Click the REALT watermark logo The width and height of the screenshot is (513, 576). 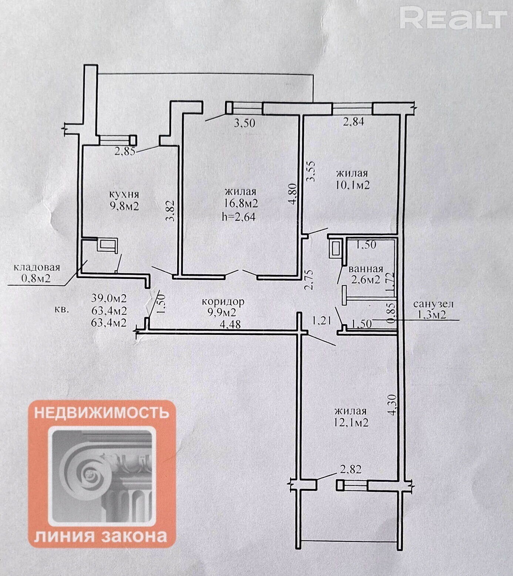tap(453, 19)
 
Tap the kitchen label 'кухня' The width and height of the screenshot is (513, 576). tap(124, 194)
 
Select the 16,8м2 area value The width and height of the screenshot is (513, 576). tap(241, 203)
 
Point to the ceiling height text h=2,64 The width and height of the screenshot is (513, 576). tap(238, 217)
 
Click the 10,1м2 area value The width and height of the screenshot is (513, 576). tap(352, 185)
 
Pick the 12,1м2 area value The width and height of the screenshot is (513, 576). tap(351, 422)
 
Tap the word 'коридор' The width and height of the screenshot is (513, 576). tap(223, 302)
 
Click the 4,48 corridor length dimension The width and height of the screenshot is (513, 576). tap(230, 324)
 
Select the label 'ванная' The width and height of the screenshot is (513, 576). tap(366, 269)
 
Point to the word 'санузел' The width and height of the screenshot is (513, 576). tap(433, 304)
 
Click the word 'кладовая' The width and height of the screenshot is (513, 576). tap(37, 267)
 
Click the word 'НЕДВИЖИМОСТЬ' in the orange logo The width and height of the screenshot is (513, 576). tap(102, 412)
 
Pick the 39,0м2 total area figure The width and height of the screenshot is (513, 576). tap(108, 298)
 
